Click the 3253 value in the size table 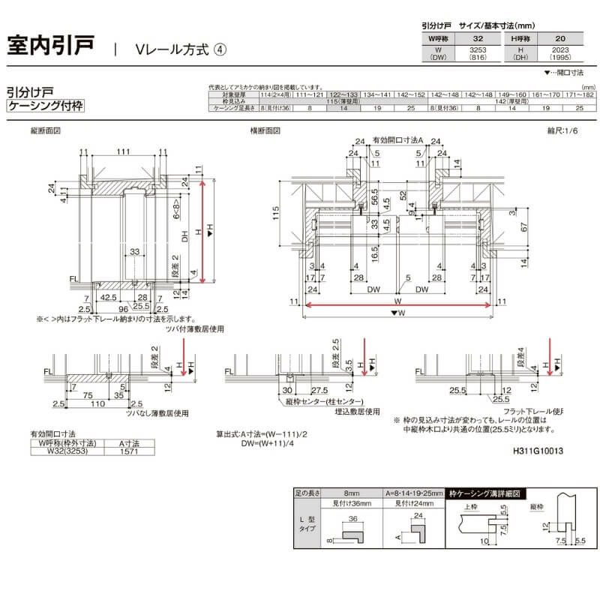pos(478,49)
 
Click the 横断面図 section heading pos(266,130)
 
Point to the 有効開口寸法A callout pos(400,139)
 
